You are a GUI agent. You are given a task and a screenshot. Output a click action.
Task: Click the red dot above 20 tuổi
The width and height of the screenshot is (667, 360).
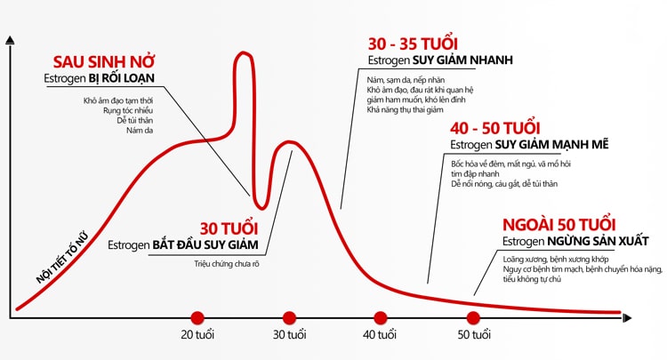197,316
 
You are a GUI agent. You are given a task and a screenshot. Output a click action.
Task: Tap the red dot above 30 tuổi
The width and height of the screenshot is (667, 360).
289,316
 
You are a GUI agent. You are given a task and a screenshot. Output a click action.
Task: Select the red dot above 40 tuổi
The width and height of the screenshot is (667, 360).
381,316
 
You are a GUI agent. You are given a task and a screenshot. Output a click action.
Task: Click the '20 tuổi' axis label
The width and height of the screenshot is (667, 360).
197,335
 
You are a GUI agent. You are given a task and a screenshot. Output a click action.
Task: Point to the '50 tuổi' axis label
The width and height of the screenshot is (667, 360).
474,335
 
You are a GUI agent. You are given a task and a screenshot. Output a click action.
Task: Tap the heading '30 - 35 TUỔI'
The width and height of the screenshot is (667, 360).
413,44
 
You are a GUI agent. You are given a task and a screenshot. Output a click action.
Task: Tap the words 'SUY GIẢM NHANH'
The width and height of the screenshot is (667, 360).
462,60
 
